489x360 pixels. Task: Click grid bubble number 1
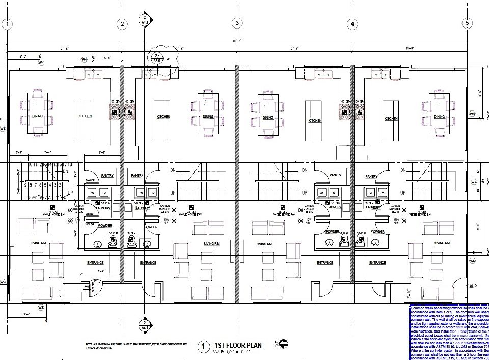8,23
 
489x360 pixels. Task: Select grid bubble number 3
237,23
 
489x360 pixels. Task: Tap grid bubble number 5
467,23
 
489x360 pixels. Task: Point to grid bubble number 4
352,23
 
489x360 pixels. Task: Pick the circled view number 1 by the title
203,347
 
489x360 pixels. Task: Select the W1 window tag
3,129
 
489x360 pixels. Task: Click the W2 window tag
41,308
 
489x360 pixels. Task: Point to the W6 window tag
472,261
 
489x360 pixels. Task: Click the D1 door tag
95,281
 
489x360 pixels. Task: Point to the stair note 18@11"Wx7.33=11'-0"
47,196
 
